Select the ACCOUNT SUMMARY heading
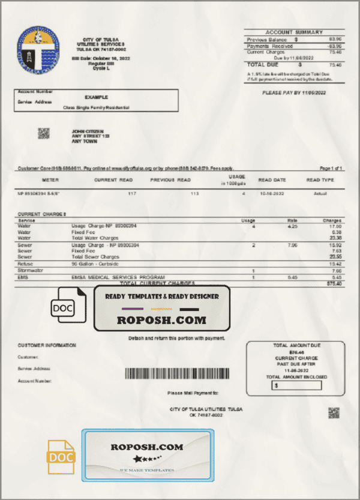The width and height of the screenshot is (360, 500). (x=293, y=32)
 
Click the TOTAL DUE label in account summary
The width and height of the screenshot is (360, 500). (x=263, y=64)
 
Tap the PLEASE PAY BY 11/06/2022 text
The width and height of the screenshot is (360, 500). (x=294, y=92)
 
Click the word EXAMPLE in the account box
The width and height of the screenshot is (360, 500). (x=96, y=96)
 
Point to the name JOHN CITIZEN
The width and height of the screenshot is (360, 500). (x=88, y=131)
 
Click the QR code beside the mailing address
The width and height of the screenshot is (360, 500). (x=43, y=133)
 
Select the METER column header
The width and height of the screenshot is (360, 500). (x=50, y=180)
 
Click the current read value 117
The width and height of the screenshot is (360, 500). (x=133, y=194)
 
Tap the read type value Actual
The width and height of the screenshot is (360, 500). (x=320, y=194)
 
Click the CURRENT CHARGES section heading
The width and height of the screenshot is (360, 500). (x=43, y=214)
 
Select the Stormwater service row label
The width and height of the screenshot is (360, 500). (x=29, y=271)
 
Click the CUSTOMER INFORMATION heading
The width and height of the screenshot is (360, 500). (x=47, y=345)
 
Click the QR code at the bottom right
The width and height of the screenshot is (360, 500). (x=334, y=412)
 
